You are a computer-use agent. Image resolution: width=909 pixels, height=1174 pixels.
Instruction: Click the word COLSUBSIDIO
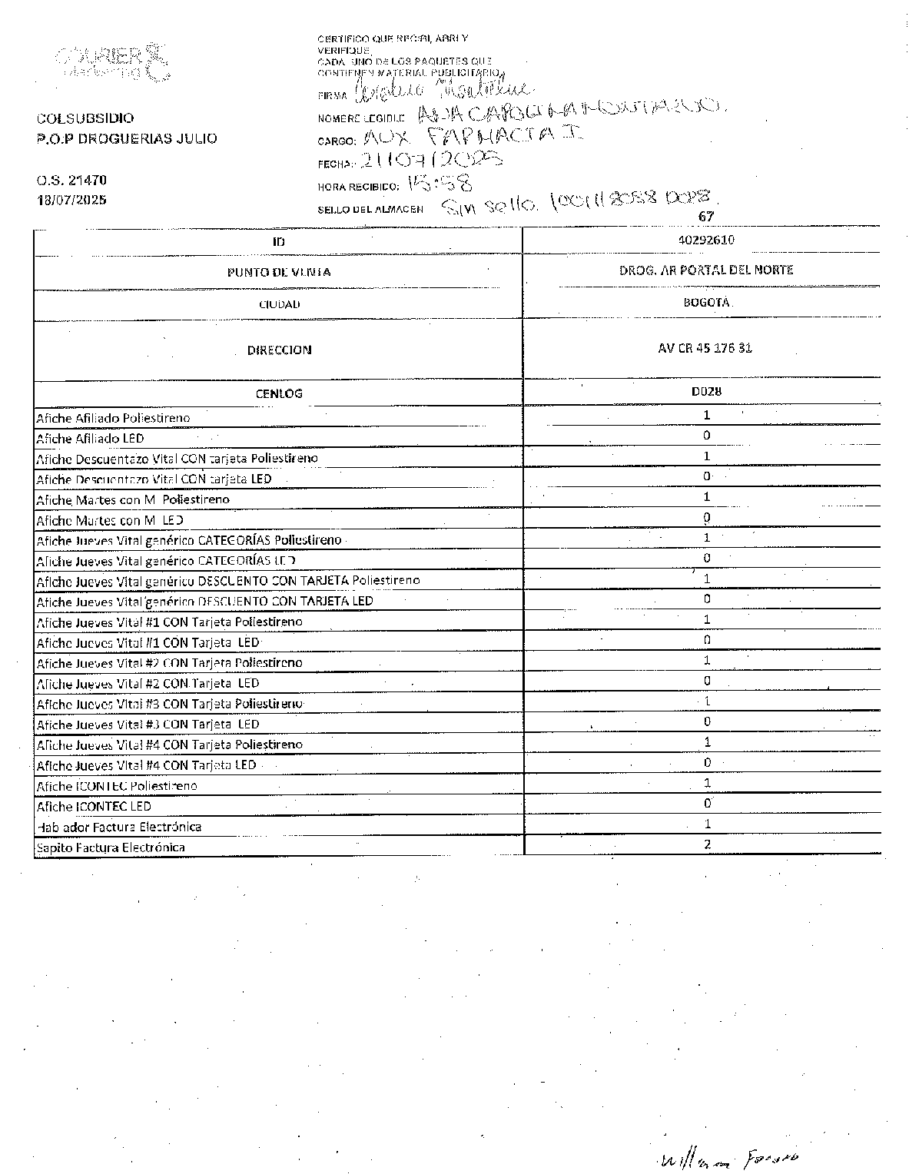(x=85, y=118)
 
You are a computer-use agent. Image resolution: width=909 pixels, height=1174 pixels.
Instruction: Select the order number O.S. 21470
(x=71, y=181)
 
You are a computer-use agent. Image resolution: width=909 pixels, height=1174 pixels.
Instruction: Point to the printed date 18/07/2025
(x=72, y=200)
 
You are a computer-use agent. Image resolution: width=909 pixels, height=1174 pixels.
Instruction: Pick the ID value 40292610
(x=706, y=240)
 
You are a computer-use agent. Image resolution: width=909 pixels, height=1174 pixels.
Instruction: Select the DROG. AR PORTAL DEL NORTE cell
(x=706, y=270)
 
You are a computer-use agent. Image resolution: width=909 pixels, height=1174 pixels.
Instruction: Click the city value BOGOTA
(x=706, y=303)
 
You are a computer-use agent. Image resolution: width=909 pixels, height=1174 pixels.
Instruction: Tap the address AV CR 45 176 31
(x=705, y=348)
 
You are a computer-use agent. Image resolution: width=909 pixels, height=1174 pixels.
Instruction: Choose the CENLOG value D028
(x=706, y=391)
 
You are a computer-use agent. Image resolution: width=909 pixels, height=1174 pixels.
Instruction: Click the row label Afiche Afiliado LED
(x=90, y=439)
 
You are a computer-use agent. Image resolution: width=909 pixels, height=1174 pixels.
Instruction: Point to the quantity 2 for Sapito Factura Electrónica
(x=707, y=845)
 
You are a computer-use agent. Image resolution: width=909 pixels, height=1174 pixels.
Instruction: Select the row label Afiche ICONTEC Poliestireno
(x=117, y=786)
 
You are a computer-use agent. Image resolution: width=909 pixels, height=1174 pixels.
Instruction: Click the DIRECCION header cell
(x=279, y=350)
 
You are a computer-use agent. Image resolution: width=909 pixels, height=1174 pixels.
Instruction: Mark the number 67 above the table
(x=705, y=217)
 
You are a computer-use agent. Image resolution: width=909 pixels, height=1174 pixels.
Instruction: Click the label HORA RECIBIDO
(x=358, y=187)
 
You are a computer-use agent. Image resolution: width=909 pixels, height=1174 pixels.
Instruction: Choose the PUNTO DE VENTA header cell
(x=279, y=272)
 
